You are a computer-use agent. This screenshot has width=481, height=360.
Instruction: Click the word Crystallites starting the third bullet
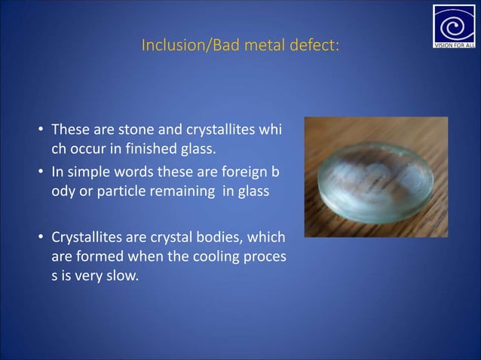(x=85, y=239)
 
